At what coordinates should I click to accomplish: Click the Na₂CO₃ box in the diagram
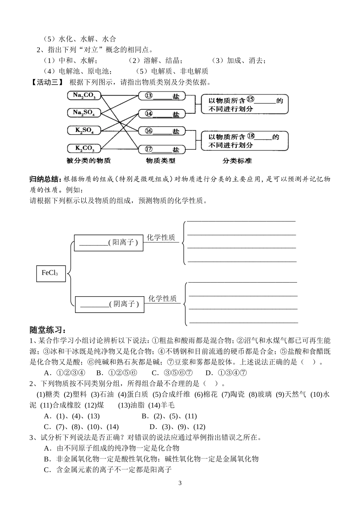coord(84,95)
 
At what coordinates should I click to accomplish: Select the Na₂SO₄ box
coord(84,113)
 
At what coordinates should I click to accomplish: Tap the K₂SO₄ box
coord(84,130)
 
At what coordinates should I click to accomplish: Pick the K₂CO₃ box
coord(84,148)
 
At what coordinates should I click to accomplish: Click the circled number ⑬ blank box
coord(162,96)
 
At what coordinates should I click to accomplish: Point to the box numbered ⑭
coord(162,114)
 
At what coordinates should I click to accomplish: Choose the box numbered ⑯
coord(162,131)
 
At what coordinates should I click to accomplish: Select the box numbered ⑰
coord(162,149)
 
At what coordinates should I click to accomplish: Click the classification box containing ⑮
coord(245,104)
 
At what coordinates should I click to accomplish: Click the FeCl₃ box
coord(51,273)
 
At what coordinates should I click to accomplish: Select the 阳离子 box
coord(109,243)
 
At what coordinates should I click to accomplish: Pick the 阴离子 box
coord(110,304)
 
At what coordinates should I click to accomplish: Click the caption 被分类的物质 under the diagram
coord(88,160)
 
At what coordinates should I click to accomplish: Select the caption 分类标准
coord(237,160)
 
